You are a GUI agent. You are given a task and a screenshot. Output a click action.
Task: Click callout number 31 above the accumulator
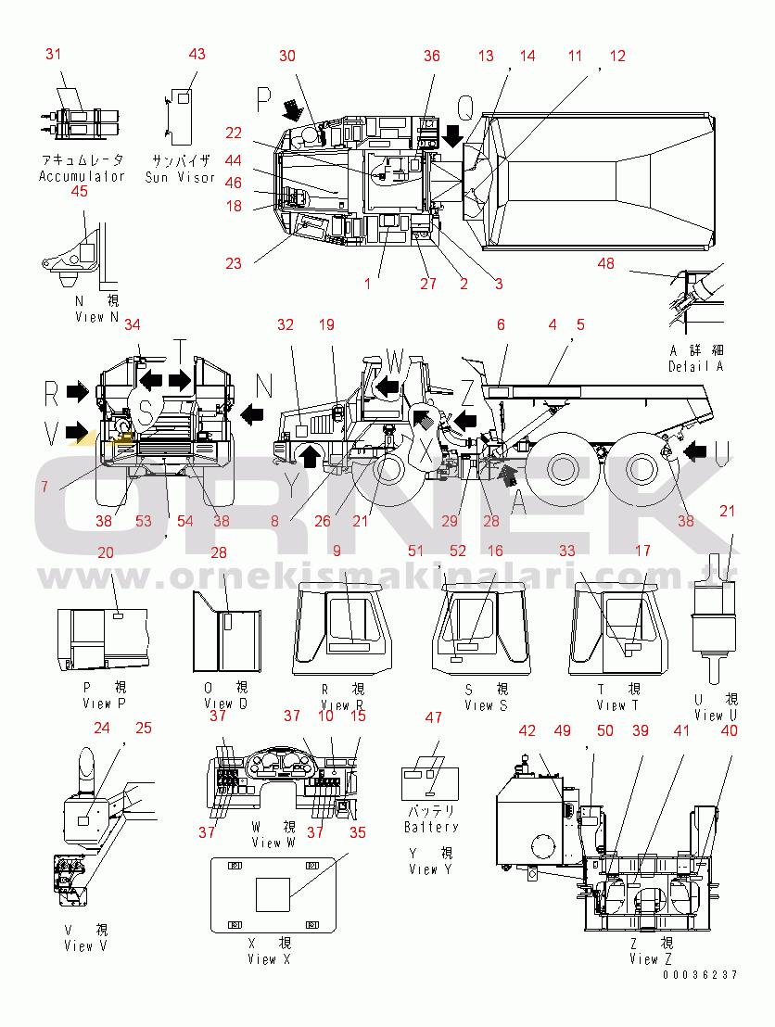(53, 54)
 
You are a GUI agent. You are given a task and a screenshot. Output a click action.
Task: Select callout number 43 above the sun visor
(197, 54)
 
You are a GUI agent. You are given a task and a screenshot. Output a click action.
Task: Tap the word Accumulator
(82, 176)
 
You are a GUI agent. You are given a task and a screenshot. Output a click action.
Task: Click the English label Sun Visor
(180, 176)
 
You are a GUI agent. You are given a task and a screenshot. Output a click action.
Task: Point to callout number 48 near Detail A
(605, 263)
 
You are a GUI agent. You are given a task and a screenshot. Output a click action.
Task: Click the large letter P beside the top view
(265, 98)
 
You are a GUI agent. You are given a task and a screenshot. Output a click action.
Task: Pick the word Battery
(431, 826)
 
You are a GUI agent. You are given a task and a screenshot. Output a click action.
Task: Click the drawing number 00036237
(700, 975)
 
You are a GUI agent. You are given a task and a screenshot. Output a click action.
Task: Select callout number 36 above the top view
(432, 56)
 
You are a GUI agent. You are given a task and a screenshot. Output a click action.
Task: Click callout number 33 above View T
(567, 551)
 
